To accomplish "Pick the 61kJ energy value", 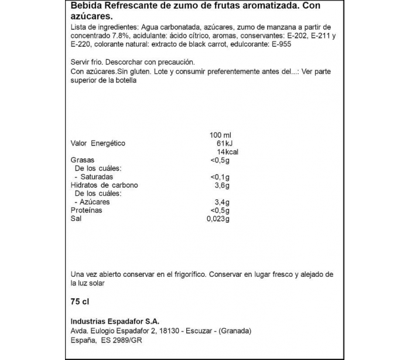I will click(x=221, y=143).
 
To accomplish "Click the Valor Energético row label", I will click(x=98, y=143).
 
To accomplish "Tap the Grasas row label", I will click(x=82, y=160).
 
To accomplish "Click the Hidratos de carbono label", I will click(x=104, y=185).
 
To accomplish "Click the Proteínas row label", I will click(x=86, y=210).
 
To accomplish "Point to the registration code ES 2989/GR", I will click(x=125, y=341).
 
